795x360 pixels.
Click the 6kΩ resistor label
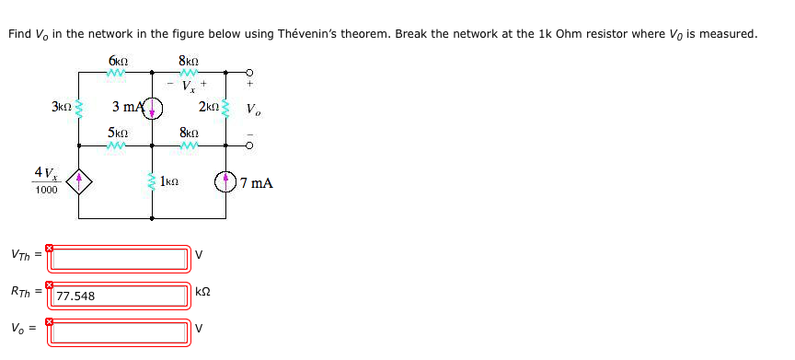pyautogui.click(x=116, y=61)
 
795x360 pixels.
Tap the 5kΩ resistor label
pyautogui.click(x=116, y=133)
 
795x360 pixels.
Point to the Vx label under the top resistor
pyautogui.click(x=189, y=88)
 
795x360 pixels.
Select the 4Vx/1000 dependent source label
pyautogui.click(x=44, y=180)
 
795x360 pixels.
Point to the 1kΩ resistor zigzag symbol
pyautogui.click(x=153, y=182)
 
